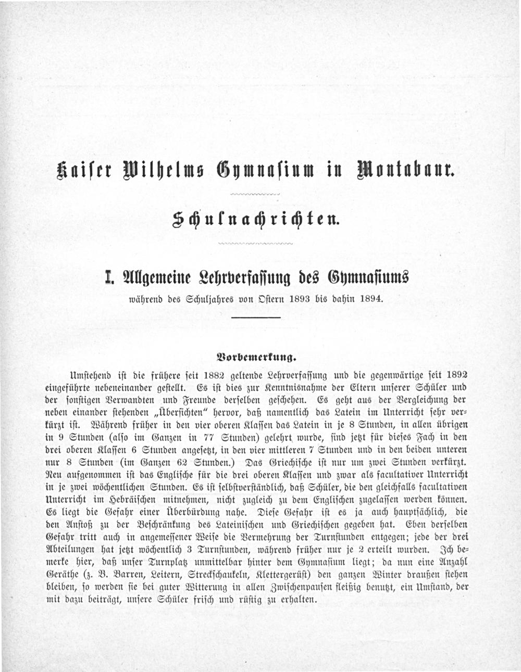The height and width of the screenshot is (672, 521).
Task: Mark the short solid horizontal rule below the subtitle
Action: tap(256, 318)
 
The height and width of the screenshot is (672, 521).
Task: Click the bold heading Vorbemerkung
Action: tap(255, 358)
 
